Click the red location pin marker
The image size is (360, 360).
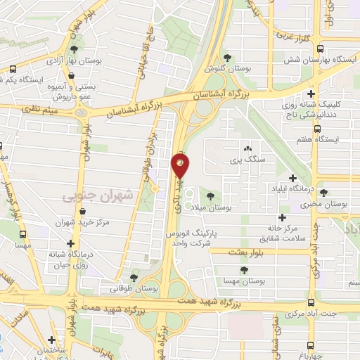(180, 166)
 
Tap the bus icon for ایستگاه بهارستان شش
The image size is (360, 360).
(320, 49)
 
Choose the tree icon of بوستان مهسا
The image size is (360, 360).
(244, 269)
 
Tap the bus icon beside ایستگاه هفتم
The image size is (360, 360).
(317, 129)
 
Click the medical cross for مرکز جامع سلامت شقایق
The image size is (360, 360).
(283, 218)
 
